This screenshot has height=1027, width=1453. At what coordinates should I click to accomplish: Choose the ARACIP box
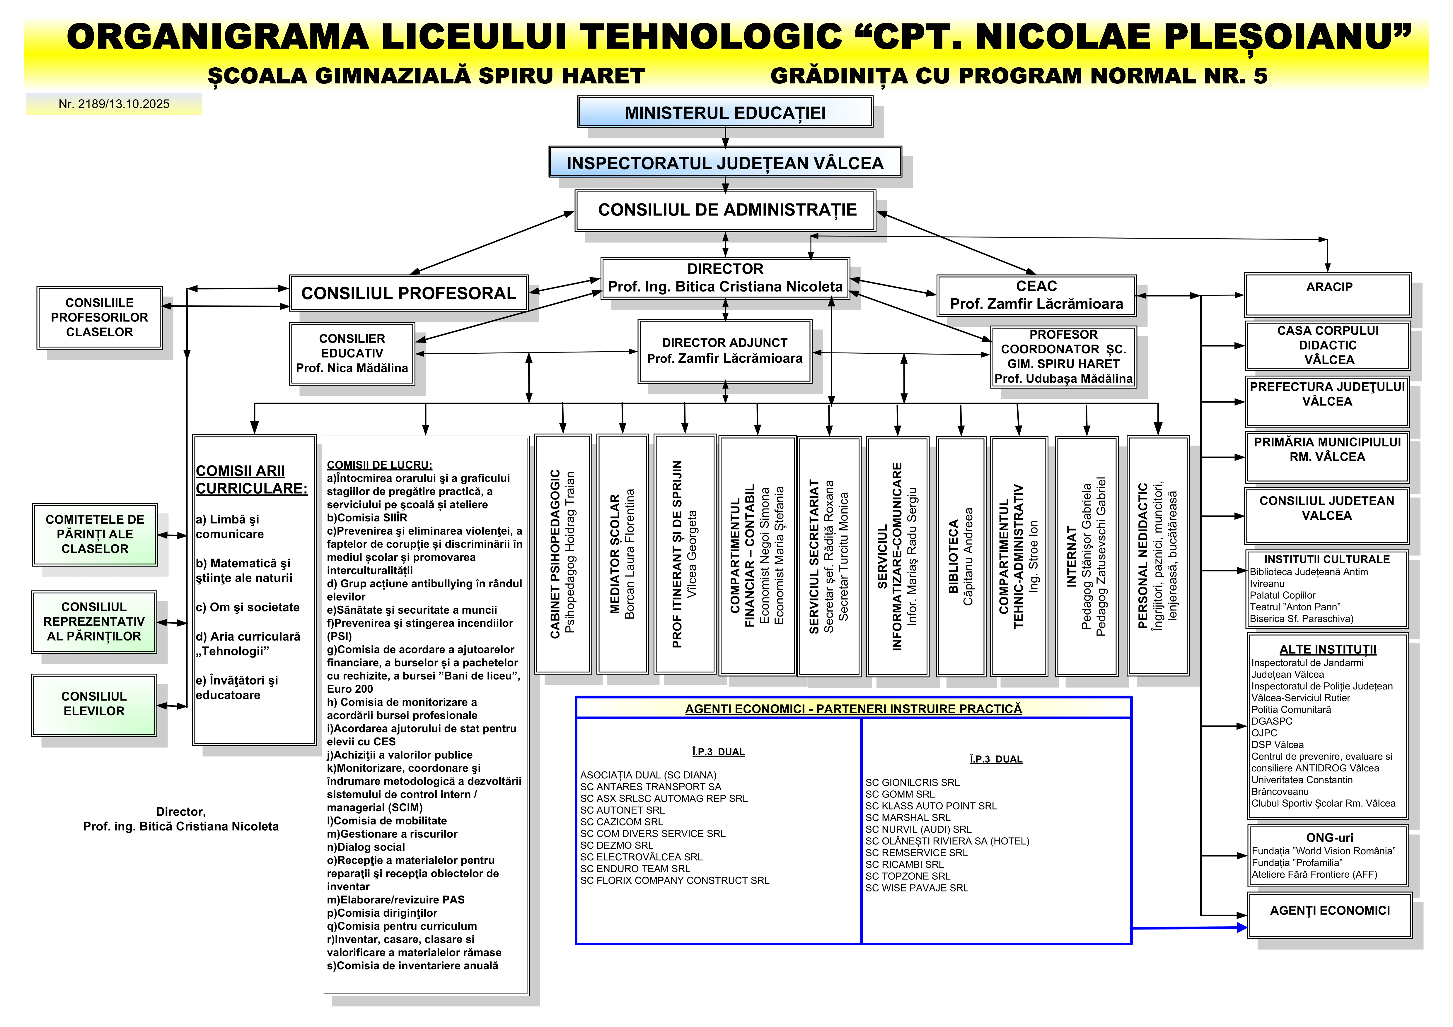click(x=1328, y=294)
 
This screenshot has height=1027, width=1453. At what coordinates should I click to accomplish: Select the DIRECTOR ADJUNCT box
click(x=725, y=351)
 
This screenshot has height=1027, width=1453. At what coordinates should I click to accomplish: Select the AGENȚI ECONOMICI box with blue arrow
click(x=1330, y=915)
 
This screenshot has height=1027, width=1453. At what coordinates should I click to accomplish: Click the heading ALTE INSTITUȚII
click(x=1328, y=649)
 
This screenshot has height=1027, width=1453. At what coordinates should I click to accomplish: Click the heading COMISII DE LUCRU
click(x=379, y=465)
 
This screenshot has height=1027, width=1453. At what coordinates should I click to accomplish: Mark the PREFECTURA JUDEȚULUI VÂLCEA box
click(x=1327, y=401)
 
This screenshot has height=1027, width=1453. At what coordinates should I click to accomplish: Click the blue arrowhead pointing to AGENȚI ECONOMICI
click(x=1241, y=928)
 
